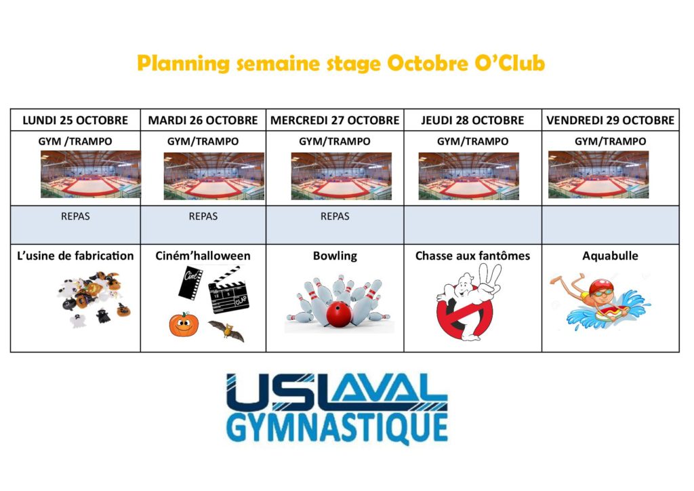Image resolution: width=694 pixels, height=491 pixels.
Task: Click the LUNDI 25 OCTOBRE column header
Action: (x=75, y=121)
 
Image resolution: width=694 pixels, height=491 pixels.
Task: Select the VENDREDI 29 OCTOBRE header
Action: (x=611, y=121)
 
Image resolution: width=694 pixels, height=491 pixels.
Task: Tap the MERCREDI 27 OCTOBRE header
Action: (x=335, y=121)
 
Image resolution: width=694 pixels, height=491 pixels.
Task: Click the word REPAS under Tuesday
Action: (x=203, y=216)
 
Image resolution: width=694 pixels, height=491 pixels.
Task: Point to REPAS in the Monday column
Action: (x=75, y=216)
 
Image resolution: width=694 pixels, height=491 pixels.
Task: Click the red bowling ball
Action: (x=339, y=314)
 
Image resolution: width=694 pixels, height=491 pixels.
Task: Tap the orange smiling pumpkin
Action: (x=184, y=325)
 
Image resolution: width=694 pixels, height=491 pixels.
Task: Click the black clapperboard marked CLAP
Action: (x=228, y=290)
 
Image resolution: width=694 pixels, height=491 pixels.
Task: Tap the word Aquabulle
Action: (x=611, y=256)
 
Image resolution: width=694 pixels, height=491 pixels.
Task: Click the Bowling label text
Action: (x=335, y=256)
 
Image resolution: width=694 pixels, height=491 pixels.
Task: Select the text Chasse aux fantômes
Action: (x=472, y=256)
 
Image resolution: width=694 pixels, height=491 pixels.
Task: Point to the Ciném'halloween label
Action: (x=203, y=256)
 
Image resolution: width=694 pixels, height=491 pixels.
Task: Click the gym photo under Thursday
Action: (x=469, y=176)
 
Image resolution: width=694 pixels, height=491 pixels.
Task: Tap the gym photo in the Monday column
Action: (x=91, y=174)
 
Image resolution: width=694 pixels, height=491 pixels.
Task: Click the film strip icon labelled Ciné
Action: (x=190, y=283)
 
